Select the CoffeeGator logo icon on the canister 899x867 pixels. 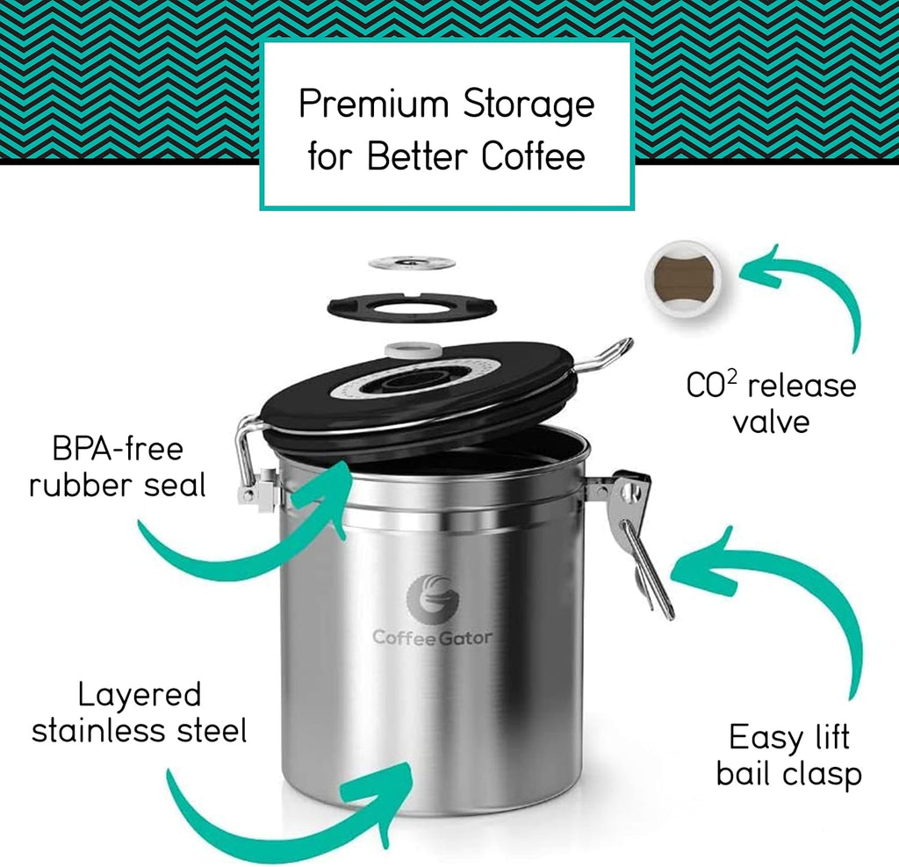(x=432, y=597)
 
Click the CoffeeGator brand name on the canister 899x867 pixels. (x=432, y=638)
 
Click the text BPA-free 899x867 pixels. (x=117, y=449)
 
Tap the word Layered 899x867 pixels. (x=139, y=695)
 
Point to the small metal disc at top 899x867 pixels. (x=411, y=263)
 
